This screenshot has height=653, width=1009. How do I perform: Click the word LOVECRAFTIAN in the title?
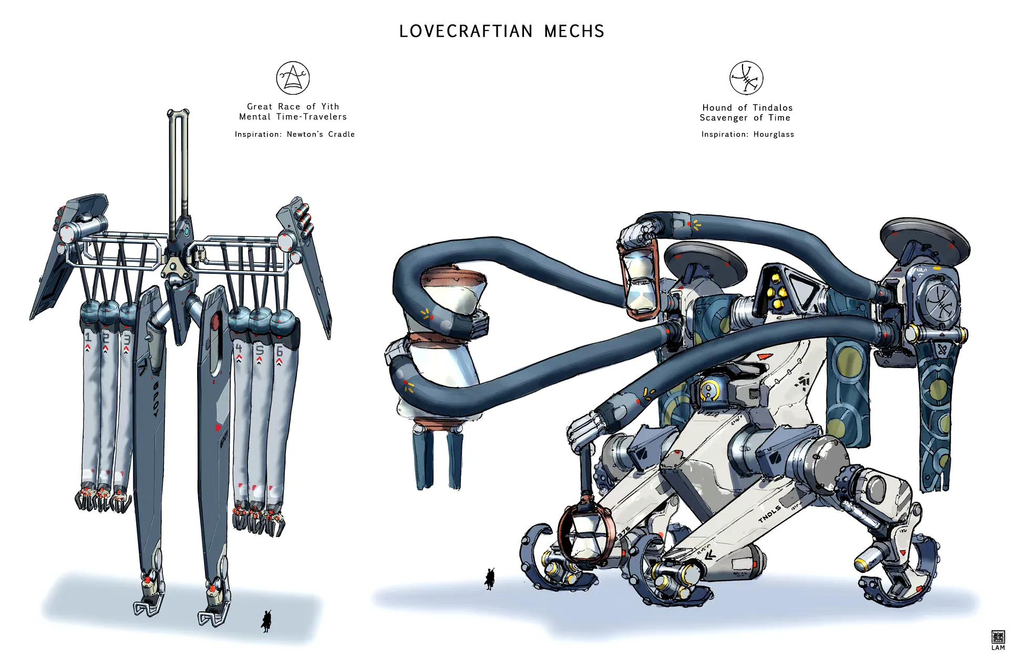point(466,32)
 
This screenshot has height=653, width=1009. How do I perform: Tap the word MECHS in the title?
point(574,32)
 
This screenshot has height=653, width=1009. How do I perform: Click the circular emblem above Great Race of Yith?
point(293,78)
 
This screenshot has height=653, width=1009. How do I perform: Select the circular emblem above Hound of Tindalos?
point(746,78)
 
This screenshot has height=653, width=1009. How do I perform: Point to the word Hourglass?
point(774,135)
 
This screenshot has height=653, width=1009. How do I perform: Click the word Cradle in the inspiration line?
point(342,135)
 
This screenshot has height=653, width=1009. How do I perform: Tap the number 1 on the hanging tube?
point(88,337)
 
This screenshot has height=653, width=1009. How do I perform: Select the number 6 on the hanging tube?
point(280,351)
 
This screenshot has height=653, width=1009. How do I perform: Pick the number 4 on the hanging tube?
point(239,348)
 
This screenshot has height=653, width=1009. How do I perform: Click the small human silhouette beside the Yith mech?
point(266,621)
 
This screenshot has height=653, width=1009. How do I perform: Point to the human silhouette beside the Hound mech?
point(490,579)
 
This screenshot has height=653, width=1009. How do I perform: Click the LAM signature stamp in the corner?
point(997,640)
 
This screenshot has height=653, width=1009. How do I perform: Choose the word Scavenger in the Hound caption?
point(723,118)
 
